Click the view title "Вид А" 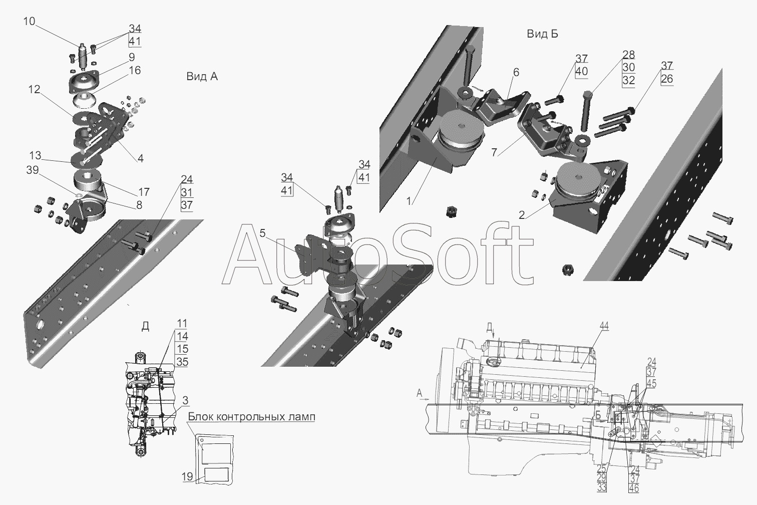[x=202, y=77]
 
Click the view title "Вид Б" [x=542, y=34]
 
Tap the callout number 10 [x=29, y=22]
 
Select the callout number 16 [x=135, y=70]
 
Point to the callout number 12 [x=34, y=89]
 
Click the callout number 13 [x=35, y=156]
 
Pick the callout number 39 [x=33, y=170]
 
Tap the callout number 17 [x=144, y=192]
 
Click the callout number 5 [x=262, y=233]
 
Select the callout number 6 [x=516, y=72]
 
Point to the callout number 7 [x=494, y=152]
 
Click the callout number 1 [x=409, y=201]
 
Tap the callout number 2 [x=522, y=215]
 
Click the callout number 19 [x=187, y=476]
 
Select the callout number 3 [x=185, y=400]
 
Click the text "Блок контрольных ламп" [x=251, y=416]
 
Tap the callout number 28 [x=629, y=55]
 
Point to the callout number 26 [x=667, y=79]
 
